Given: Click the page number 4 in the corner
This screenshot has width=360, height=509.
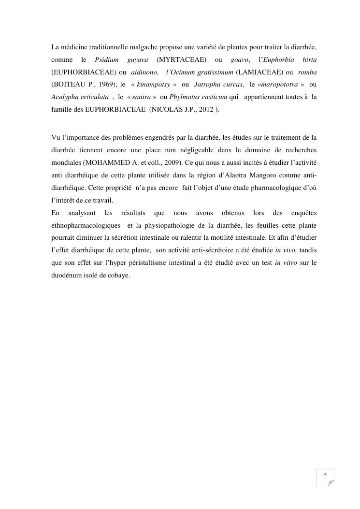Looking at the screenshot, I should pos(325,474).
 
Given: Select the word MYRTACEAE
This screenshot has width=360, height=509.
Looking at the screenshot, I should pos(182,59).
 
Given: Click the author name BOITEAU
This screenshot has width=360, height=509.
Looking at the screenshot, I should pos(69,85).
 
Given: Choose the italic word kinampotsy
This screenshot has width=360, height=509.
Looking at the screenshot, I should pos(153,85).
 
